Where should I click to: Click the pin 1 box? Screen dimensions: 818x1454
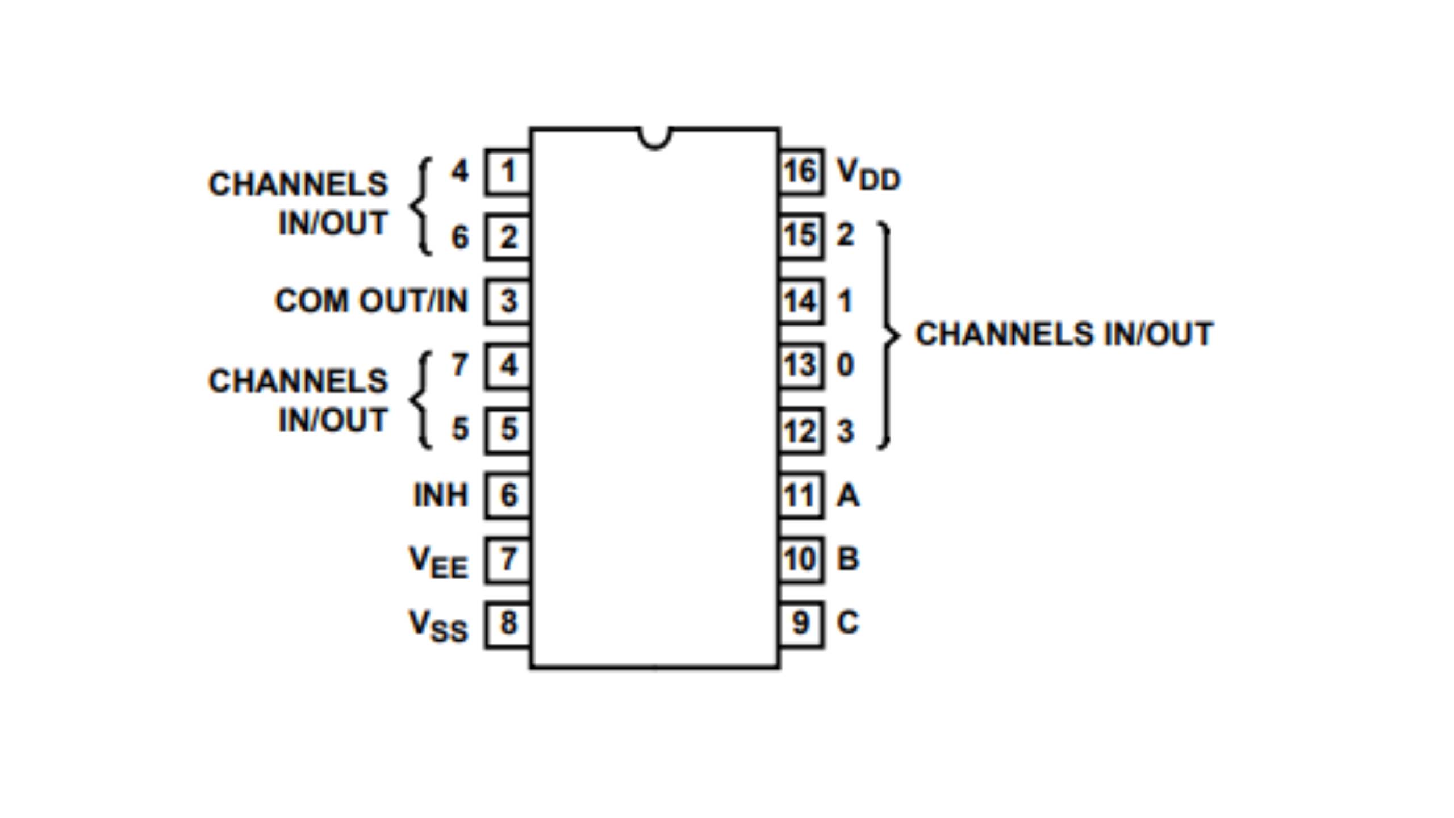(508, 172)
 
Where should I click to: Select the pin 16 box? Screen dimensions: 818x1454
(800, 172)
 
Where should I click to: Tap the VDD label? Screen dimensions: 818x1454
(868, 174)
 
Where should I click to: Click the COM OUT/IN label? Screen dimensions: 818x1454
(371, 301)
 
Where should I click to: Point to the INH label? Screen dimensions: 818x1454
(441, 495)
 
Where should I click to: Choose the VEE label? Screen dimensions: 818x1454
(438, 562)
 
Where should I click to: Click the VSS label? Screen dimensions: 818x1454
(438, 625)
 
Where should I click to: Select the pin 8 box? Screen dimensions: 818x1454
(508, 624)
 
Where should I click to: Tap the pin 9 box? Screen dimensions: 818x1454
(800, 624)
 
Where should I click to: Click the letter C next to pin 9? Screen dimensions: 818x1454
(847, 623)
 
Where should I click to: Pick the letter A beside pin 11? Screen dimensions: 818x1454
(847, 495)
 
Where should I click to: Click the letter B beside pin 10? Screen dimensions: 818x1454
(847, 559)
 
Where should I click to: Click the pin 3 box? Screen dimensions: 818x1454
(508, 301)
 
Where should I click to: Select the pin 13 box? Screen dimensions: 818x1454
(800, 365)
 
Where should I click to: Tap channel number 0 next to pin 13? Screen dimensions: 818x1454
(845, 365)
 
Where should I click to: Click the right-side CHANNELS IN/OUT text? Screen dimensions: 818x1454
(1064, 334)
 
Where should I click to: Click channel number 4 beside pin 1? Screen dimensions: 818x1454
(459, 171)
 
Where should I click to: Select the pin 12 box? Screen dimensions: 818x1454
(800, 431)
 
